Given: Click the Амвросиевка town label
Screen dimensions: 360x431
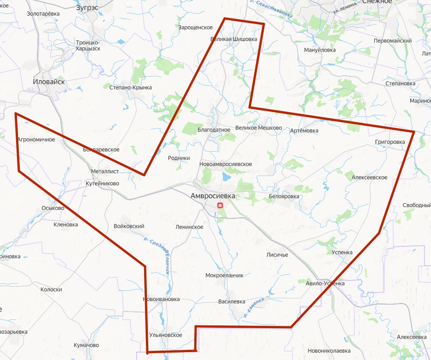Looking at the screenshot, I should [x=213, y=196].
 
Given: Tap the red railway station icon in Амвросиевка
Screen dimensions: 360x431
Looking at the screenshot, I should [x=220, y=205].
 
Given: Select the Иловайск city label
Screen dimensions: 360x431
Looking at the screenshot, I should [x=49, y=82].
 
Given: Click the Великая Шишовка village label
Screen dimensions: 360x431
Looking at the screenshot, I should [x=233, y=39].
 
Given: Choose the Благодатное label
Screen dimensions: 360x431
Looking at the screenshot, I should [x=214, y=130].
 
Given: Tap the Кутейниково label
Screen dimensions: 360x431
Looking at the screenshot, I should [x=102, y=183].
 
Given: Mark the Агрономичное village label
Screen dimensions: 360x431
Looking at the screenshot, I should [x=36, y=139].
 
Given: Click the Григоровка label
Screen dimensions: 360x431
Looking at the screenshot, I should [x=390, y=142].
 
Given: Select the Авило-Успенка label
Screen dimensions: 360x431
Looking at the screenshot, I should [x=325, y=283].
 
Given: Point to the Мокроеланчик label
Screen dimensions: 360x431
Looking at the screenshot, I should [x=224, y=276].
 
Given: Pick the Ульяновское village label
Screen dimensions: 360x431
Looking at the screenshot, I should [x=166, y=335].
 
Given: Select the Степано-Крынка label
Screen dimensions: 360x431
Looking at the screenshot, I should [x=131, y=87].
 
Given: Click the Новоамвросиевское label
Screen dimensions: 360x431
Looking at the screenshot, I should [x=226, y=164].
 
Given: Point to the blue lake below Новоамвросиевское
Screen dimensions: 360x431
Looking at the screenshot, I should [x=226, y=177].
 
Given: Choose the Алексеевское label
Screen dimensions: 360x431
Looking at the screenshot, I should [x=369, y=177].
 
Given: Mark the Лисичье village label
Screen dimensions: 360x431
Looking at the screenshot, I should [x=277, y=254].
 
